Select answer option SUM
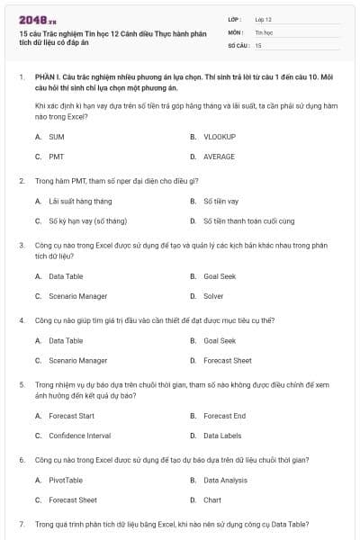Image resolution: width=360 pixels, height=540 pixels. pyautogui.click(x=56, y=137)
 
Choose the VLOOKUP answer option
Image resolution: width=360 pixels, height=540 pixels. pyautogui.click(x=219, y=137)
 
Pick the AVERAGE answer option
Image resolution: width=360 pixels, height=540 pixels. pyautogui.click(x=219, y=156)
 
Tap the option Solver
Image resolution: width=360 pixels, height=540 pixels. pyautogui.click(x=213, y=295)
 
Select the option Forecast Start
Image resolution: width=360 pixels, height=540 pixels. pyautogui.click(x=71, y=416)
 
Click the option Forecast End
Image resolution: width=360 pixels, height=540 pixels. pyautogui.click(x=224, y=416)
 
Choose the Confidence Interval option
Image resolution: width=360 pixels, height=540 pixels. pyautogui.click(x=79, y=436)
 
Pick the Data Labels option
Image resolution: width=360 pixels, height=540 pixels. pyautogui.click(x=222, y=436)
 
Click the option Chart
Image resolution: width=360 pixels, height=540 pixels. pyautogui.click(x=212, y=499)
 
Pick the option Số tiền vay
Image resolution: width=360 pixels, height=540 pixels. pyautogui.click(x=220, y=201)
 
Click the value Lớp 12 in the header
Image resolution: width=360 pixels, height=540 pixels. pyautogui.click(x=263, y=18)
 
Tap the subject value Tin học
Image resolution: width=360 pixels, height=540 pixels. pyautogui.click(x=263, y=31)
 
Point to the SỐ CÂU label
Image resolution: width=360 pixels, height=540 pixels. pyautogui.click(x=238, y=44)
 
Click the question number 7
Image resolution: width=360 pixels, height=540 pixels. pyautogui.click(x=22, y=523)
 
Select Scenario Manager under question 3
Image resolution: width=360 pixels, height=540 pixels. pyautogui.click(x=77, y=295)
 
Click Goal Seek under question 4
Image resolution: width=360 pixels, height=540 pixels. pyautogui.click(x=219, y=341)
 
